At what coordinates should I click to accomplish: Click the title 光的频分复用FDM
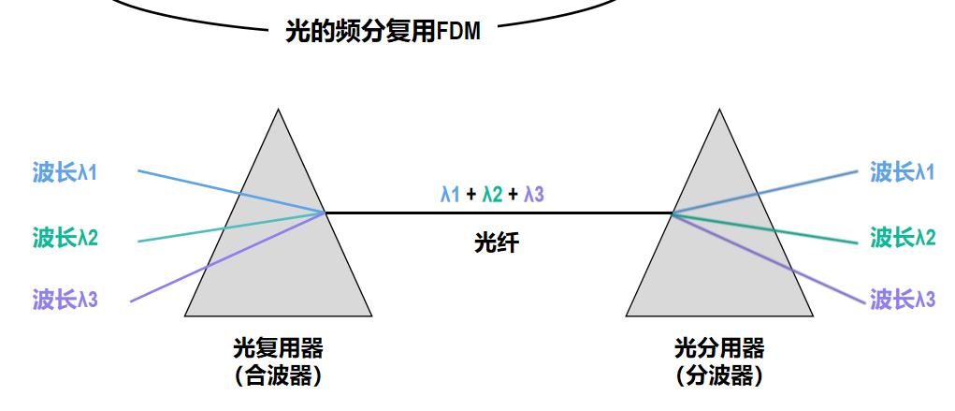pyautogui.click(x=383, y=32)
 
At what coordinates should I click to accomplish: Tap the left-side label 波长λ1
pyautogui.click(x=65, y=172)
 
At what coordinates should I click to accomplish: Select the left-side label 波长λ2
pyautogui.click(x=65, y=237)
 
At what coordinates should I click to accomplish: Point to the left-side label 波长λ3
pyautogui.click(x=65, y=300)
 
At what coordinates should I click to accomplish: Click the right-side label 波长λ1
pyautogui.click(x=902, y=172)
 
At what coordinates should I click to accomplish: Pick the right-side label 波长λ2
pyautogui.click(x=902, y=237)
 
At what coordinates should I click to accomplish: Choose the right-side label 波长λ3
pyautogui.click(x=902, y=300)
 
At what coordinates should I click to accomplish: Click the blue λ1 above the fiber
pyautogui.click(x=450, y=195)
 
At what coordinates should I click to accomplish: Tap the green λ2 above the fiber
pyautogui.click(x=492, y=195)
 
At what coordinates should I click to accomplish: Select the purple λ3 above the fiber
pyautogui.click(x=534, y=195)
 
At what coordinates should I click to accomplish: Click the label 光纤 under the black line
pyautogui.click(x=497, y=242)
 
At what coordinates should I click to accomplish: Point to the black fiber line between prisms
pyautogui.click(x=499, y=213)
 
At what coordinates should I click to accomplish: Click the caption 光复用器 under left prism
pyautogui.click(x=279, y=349)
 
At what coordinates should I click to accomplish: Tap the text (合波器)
pyautogui.click(x=279, y=375)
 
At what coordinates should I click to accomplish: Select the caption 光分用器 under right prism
pyautogui.click(x=719, y=349)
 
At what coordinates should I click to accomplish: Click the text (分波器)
pyautogui.click(x=719, y=375)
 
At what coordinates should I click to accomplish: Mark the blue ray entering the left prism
pyautogui.click(x=232, y=192)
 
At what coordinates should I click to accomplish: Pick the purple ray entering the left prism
pyautogui.click(x=228, y=257)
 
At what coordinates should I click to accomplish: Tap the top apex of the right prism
pyautogui.click(x=719, y=110)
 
